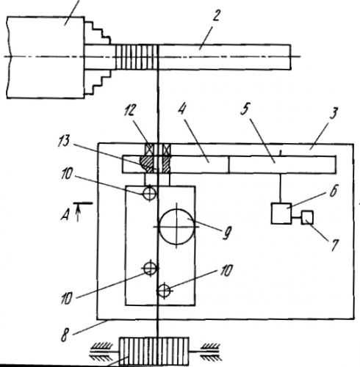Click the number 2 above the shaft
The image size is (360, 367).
[x=215, y=16]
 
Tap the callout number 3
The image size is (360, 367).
[x=334, y=113]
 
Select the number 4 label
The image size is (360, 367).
[x=181, y=109]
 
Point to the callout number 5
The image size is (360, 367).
[x=245, y=109]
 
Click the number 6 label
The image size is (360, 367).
[x=334, y=191]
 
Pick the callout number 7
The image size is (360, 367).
[x=334, y=245]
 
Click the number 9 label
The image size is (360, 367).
[x=226, y=234]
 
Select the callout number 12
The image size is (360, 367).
[x=129, y=110]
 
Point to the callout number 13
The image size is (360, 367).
[x=64, y=141]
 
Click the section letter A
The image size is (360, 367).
[x=65, y=215]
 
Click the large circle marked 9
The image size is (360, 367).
[x=177, y=227]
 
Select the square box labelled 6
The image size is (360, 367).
[x=281, y=214]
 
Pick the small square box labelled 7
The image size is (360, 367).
[x=307, y=217]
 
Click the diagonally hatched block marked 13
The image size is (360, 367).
[x=155, y=164]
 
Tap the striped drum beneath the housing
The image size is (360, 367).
[x=154, y=351]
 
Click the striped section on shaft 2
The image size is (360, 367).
[x=137, y=57]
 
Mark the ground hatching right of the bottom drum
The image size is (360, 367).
[x=211, y=352]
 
